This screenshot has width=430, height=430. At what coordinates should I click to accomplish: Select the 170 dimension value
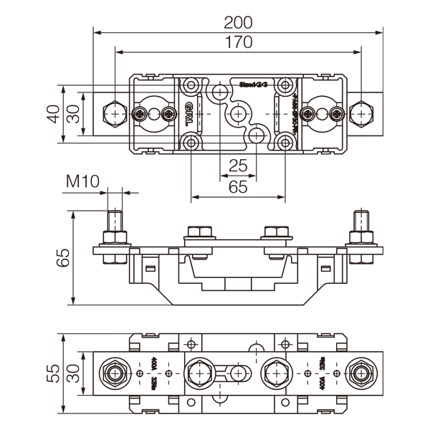point(236,42)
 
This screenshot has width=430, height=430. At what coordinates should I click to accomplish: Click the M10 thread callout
point(82,181)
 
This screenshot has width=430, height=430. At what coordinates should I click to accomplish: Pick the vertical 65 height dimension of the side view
point(63,257)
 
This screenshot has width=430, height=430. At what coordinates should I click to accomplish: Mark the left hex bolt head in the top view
point(114,114)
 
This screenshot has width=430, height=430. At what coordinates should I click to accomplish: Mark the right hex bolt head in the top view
point(362,114)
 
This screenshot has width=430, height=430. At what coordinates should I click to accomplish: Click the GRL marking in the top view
point(188,114)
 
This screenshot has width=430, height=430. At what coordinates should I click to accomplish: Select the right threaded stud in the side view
point(361,221)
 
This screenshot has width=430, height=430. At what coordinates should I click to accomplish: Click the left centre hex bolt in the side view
point(199,232)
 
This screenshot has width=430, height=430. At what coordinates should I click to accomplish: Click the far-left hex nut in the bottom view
point(115,373)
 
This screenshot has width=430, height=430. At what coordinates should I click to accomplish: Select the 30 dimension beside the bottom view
point(73,373)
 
